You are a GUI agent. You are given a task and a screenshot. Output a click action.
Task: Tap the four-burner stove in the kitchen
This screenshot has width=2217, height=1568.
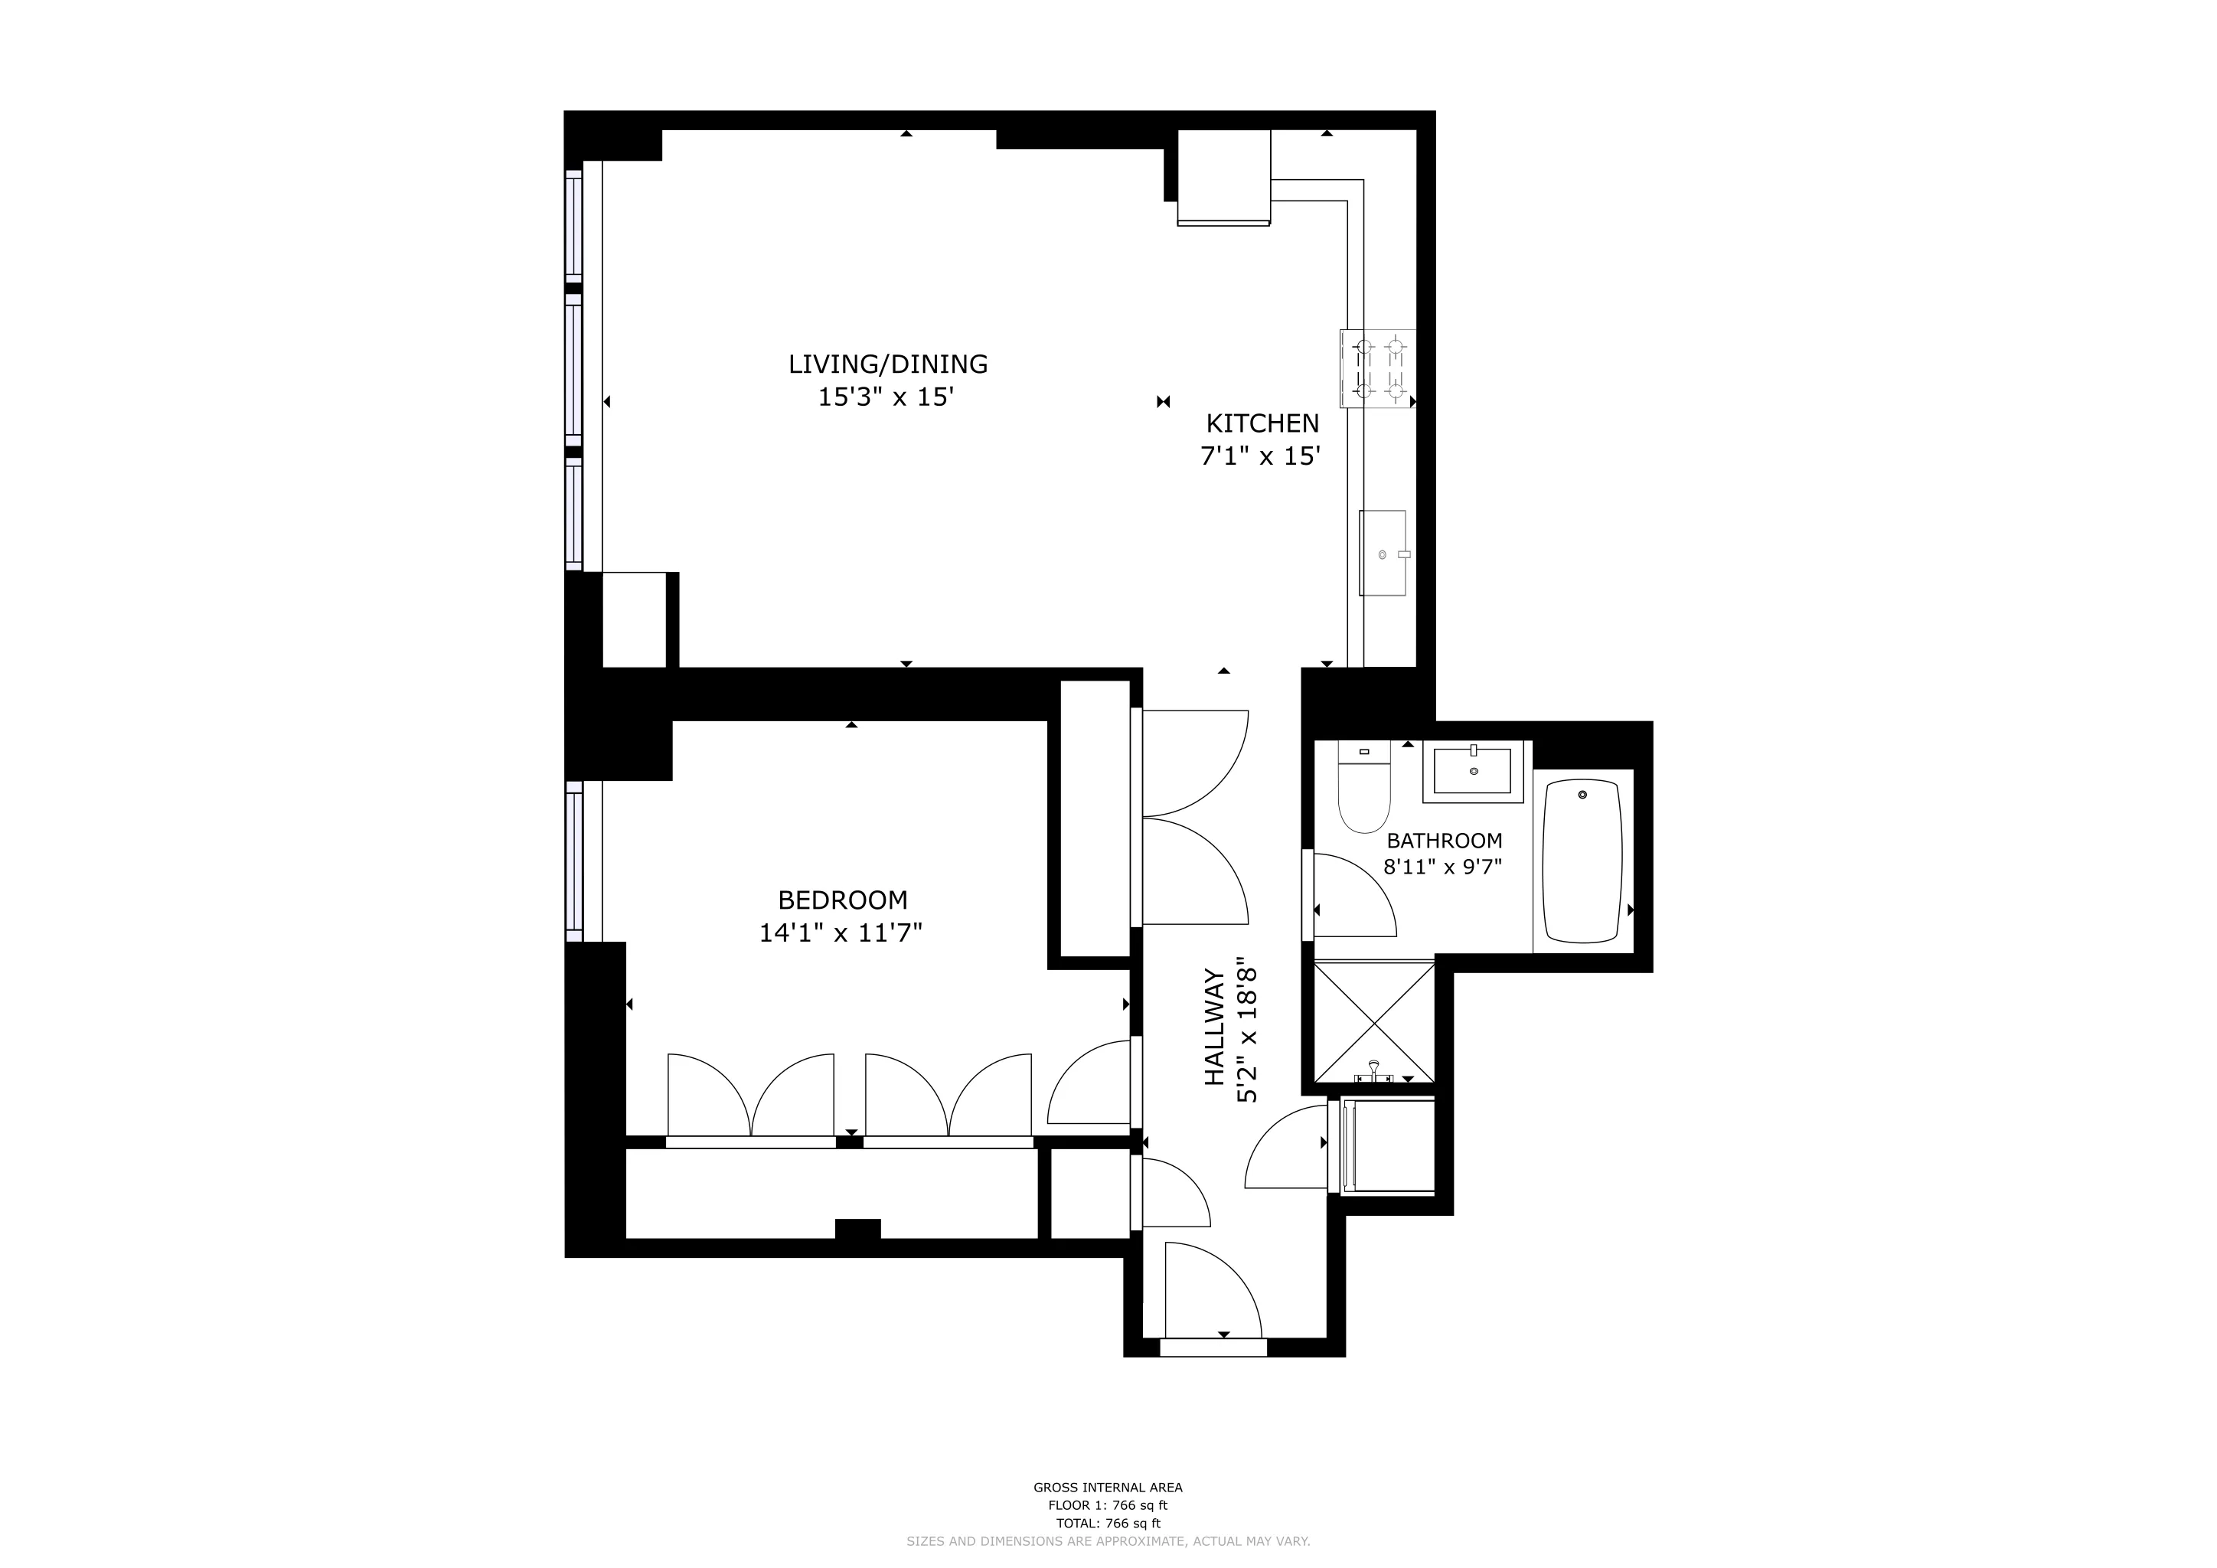[1377, 367]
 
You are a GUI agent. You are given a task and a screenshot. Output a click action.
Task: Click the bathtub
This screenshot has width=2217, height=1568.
[1582, 861]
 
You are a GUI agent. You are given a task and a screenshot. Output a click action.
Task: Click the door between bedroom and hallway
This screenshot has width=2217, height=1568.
[1089, 1083]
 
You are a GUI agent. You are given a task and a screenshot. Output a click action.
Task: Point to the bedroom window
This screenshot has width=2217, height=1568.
[574, 861]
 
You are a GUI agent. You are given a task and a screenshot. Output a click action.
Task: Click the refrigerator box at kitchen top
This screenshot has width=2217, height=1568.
[1223, 177]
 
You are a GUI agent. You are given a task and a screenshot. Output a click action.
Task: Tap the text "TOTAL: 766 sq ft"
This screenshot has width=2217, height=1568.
[1108, 1524]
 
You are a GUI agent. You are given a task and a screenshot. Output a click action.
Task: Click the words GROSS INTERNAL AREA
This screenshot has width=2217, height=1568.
[1108, 1488]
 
